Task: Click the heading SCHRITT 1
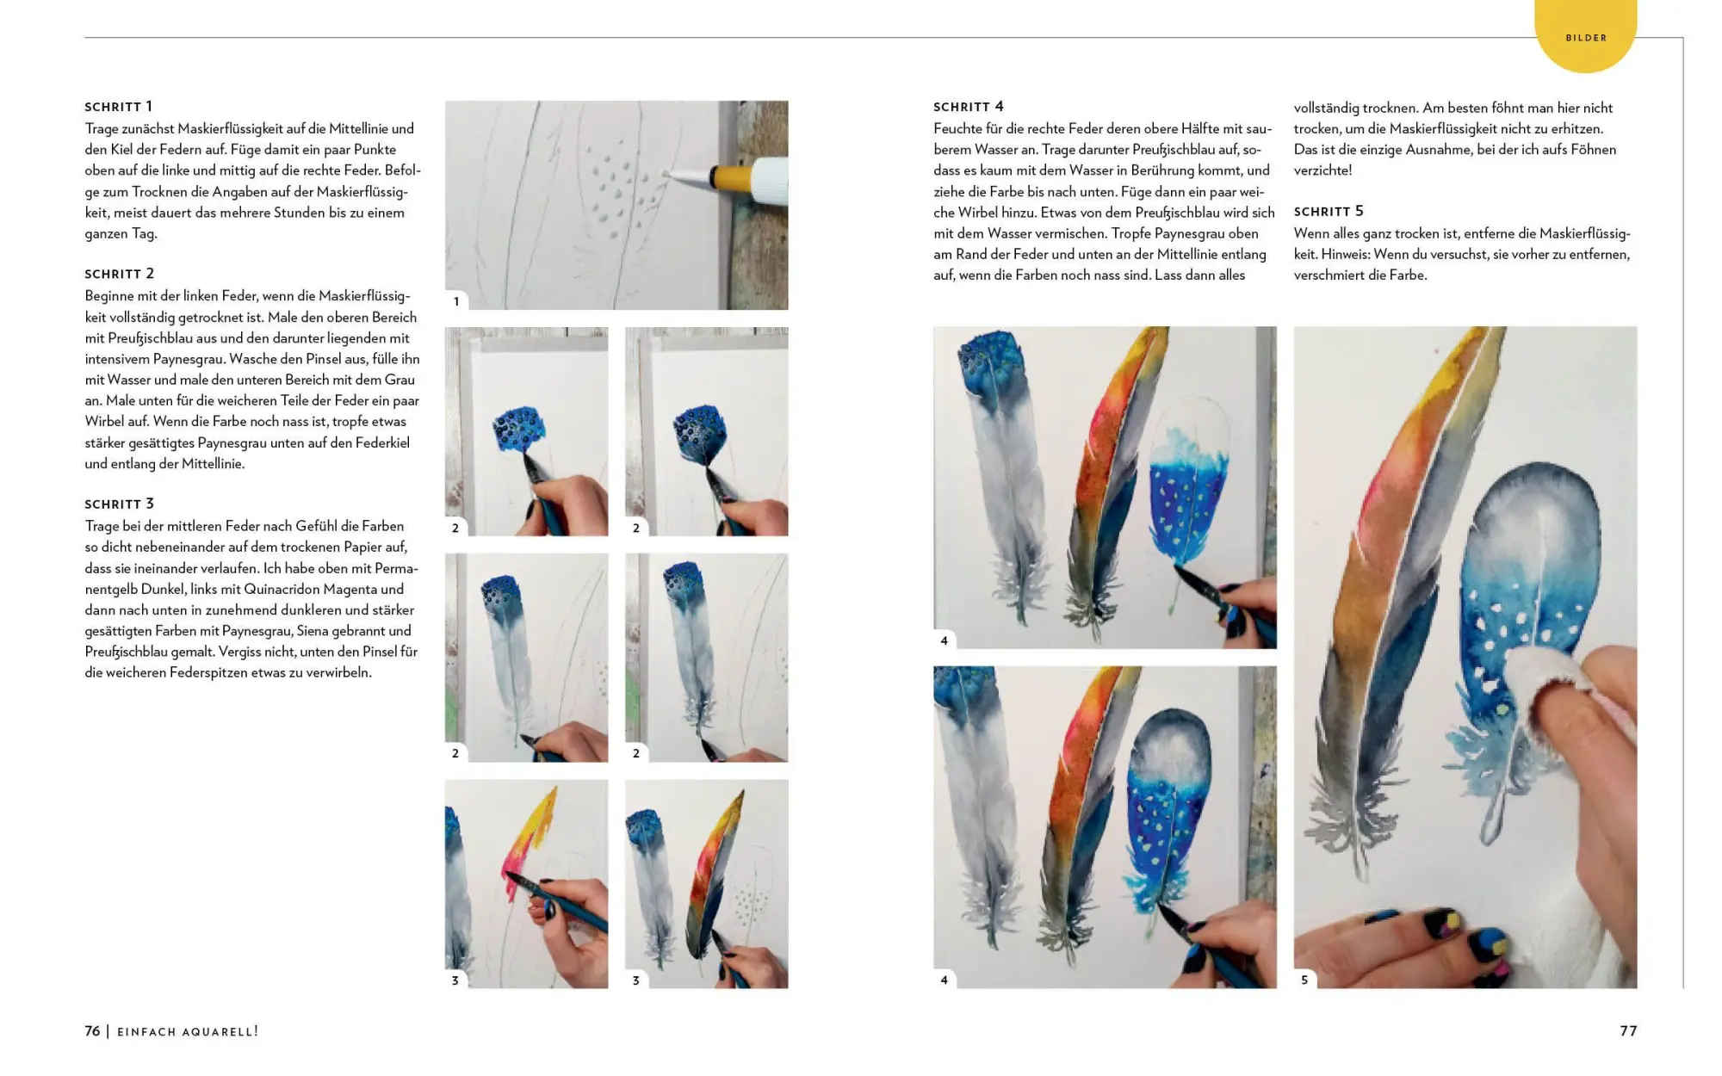click(118, 107)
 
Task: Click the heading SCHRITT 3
click(119, 504)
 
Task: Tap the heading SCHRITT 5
click(1329, 212)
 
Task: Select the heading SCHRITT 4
click(968, 107)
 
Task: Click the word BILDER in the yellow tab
click(1586, 38)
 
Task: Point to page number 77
click(1628, 1031)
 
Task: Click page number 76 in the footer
click(92, 1031)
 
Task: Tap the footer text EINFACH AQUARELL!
click(188, 1032)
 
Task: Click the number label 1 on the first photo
click(456, 301)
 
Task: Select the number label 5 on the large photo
click(1304, 980)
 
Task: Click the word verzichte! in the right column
click(1322, 170)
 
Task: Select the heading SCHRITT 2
click(119, 274)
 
